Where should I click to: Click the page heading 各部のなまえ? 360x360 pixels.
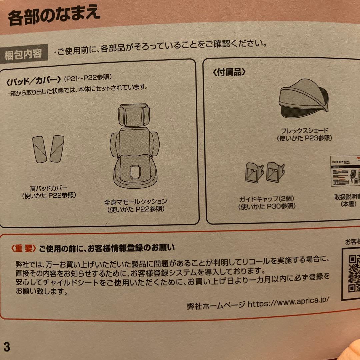[54, 17]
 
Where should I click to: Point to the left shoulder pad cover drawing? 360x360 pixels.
[40, 149]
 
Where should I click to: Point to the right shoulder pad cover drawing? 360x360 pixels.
[56, 149]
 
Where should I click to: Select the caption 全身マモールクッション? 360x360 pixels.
[135, 202]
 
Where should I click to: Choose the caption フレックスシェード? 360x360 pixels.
[305, 131]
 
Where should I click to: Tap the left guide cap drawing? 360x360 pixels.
[254, 172]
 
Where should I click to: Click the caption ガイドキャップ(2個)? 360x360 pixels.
[266, 199]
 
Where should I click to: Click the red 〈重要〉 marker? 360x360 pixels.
[23, 248]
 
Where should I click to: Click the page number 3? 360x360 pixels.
[7, 347]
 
